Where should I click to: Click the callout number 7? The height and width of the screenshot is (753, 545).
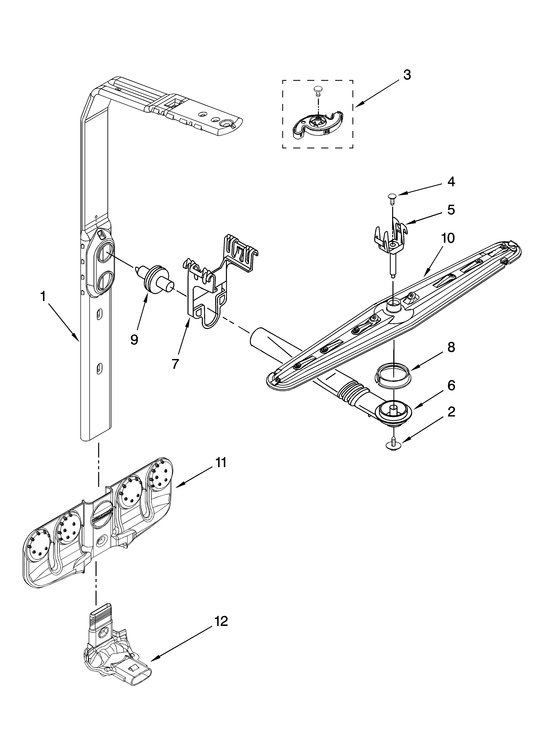click(x=175, y=364)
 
